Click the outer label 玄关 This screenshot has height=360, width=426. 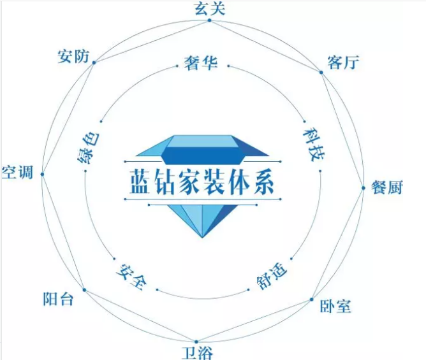click(x=210, y=8)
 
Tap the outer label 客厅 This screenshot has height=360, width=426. click(x=343, y=62)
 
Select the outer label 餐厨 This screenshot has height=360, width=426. click(x=387, y=187)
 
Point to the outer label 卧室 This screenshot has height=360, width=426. click(x=335, y=306)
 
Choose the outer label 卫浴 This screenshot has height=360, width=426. click(x=198, y=353)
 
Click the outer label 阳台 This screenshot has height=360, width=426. click(x=59, y=299)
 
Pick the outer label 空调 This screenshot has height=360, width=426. click(x=17, y=172)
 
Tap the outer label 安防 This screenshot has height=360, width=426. click(x=73, y=57)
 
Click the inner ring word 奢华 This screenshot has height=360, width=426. click(x=201, y=63)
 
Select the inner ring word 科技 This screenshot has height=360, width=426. click(x=314, y=144)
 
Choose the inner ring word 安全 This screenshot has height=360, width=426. click(x=132, y=277)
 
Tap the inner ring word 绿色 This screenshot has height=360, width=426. click(x=89, y=148)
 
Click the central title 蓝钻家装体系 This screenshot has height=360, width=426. click(x=202, y=182)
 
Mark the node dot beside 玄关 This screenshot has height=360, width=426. click(x=209, y=20)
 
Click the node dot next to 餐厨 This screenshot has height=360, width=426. click(x=364, y=188)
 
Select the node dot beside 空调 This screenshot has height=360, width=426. click(x=42, y=175)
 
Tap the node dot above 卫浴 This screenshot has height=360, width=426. click(x=196, y=342)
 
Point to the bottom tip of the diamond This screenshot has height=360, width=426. click(x=202, y=238)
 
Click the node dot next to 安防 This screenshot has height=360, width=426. click(x=94, y=62)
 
